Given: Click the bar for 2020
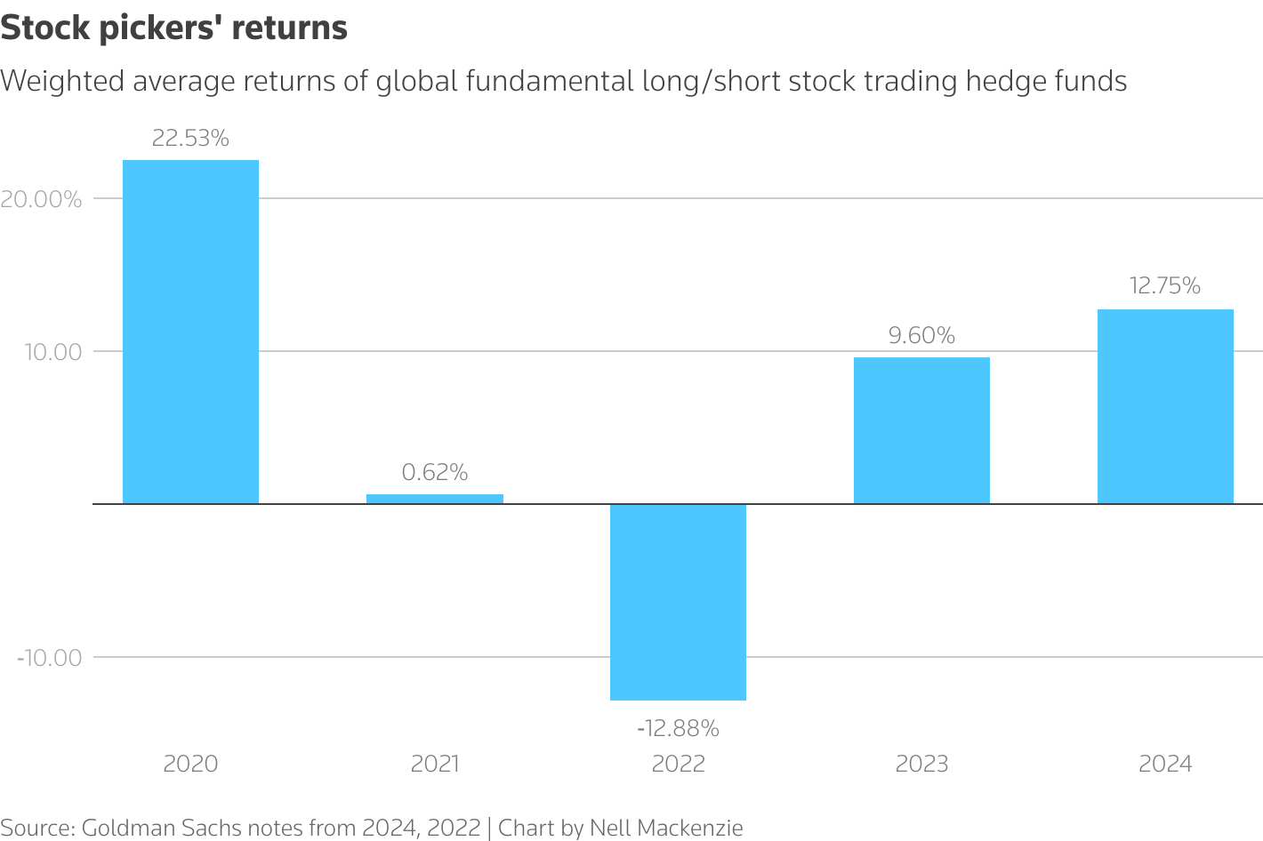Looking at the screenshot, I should tap(190, 332).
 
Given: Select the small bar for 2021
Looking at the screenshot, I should tap(435, 499).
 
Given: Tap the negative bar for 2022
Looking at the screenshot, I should tap(678, 602).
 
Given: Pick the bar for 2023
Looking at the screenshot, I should tap(921, 430).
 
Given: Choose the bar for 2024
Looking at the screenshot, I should tap(1165, 406).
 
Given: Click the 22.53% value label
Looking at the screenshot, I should tap(190, 139).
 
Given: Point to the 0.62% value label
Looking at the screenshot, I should tap(435, 472).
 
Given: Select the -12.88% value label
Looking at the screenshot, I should tap(678, 729).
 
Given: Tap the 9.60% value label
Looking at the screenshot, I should tap(921, 336).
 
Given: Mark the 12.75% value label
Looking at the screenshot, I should tap(1165, 286).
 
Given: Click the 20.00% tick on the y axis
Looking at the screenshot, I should tap(41, 199).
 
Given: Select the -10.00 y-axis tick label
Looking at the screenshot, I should tap(49, 658).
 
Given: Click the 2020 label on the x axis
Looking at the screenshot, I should tap(190, 764).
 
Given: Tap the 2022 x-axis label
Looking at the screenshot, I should tap(678, 764).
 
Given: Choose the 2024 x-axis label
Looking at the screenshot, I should tap(1165, 764).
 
